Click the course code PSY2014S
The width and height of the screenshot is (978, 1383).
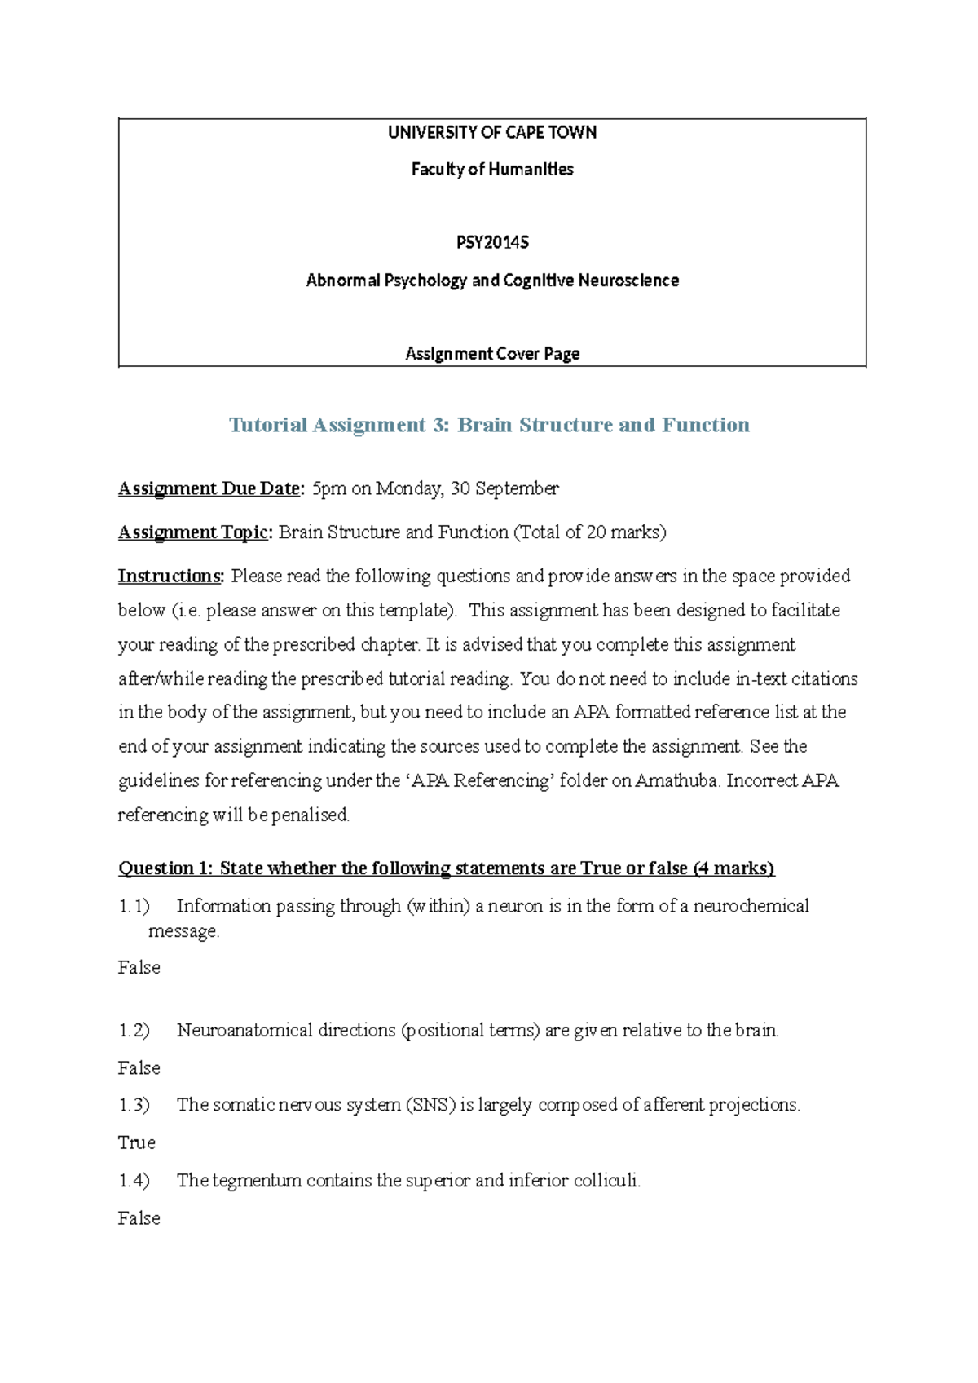492,242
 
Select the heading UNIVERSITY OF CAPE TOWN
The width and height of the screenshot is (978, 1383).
492,132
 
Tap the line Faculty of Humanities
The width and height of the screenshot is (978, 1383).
492,169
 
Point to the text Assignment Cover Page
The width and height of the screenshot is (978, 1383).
492,353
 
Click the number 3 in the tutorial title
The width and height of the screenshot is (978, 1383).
440,425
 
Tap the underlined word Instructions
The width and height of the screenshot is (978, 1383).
170,577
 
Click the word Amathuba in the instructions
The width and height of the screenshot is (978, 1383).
676,780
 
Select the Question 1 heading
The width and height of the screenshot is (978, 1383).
446,868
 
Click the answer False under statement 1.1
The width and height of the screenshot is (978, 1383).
139,967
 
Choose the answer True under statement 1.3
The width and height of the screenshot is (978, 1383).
137,1142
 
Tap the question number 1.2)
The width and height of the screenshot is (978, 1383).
134,1031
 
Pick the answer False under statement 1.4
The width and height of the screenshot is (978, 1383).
139,1218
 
